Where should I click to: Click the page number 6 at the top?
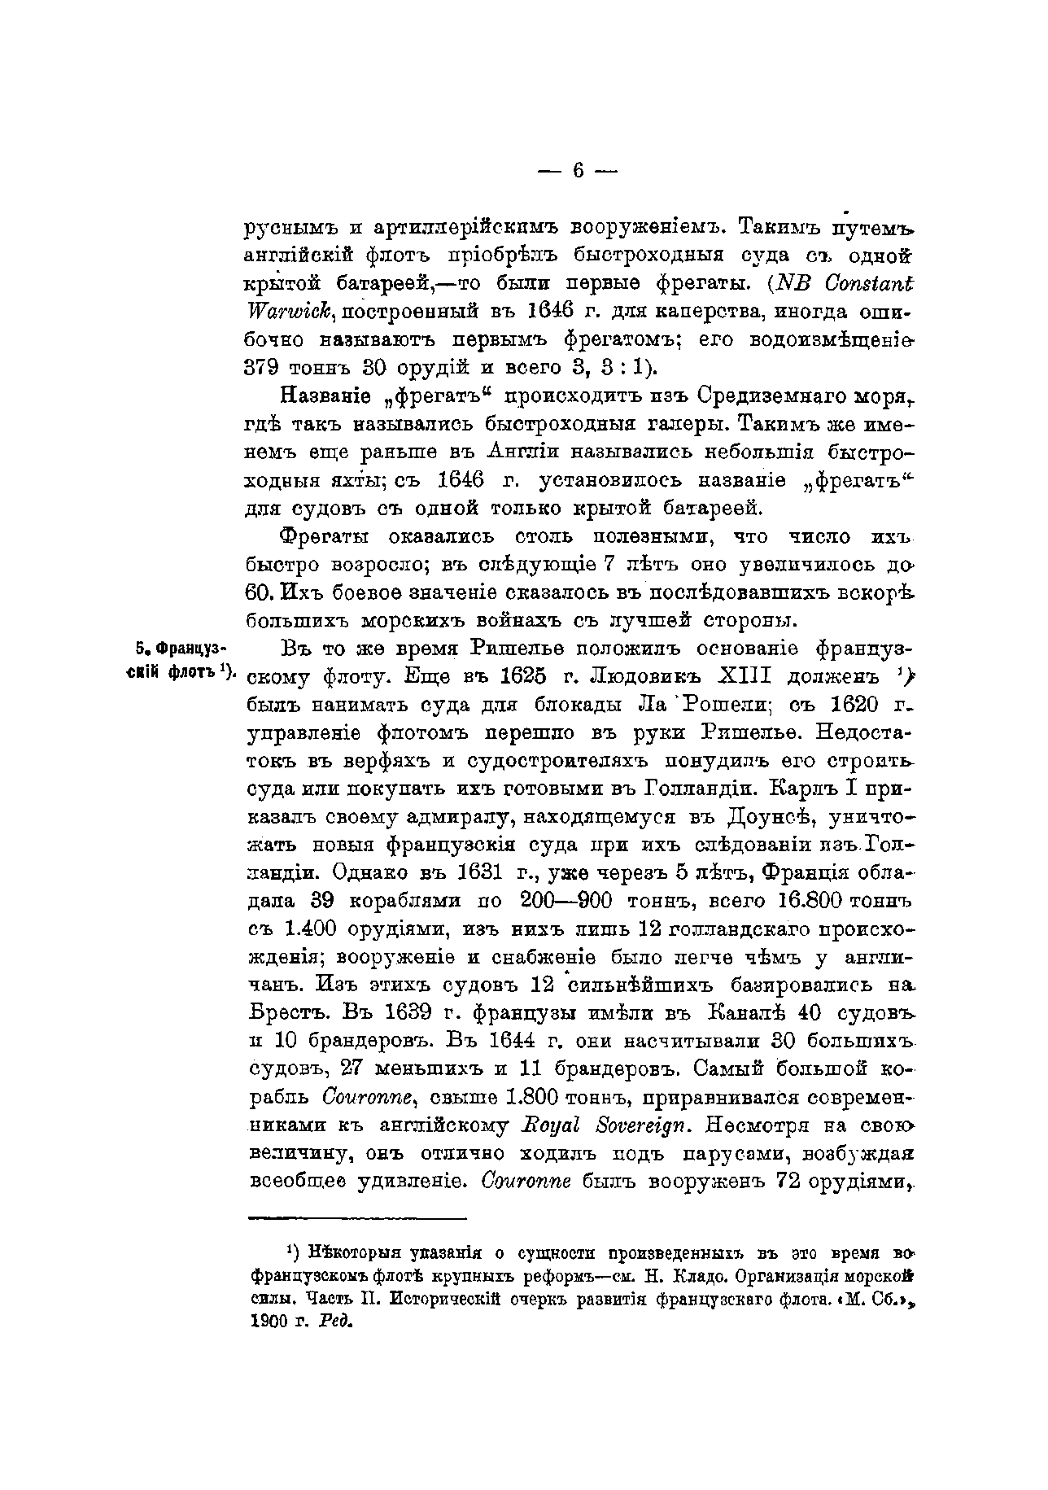click(x=579, y=170)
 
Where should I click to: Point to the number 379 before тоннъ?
click(x=263, y=365)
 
